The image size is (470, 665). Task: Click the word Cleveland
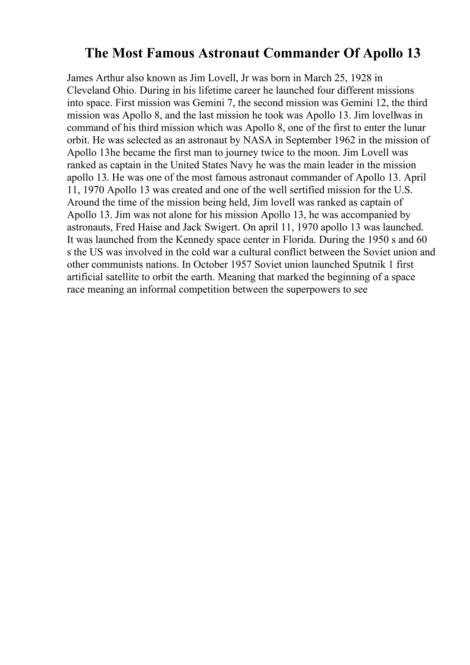coord(86,90)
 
